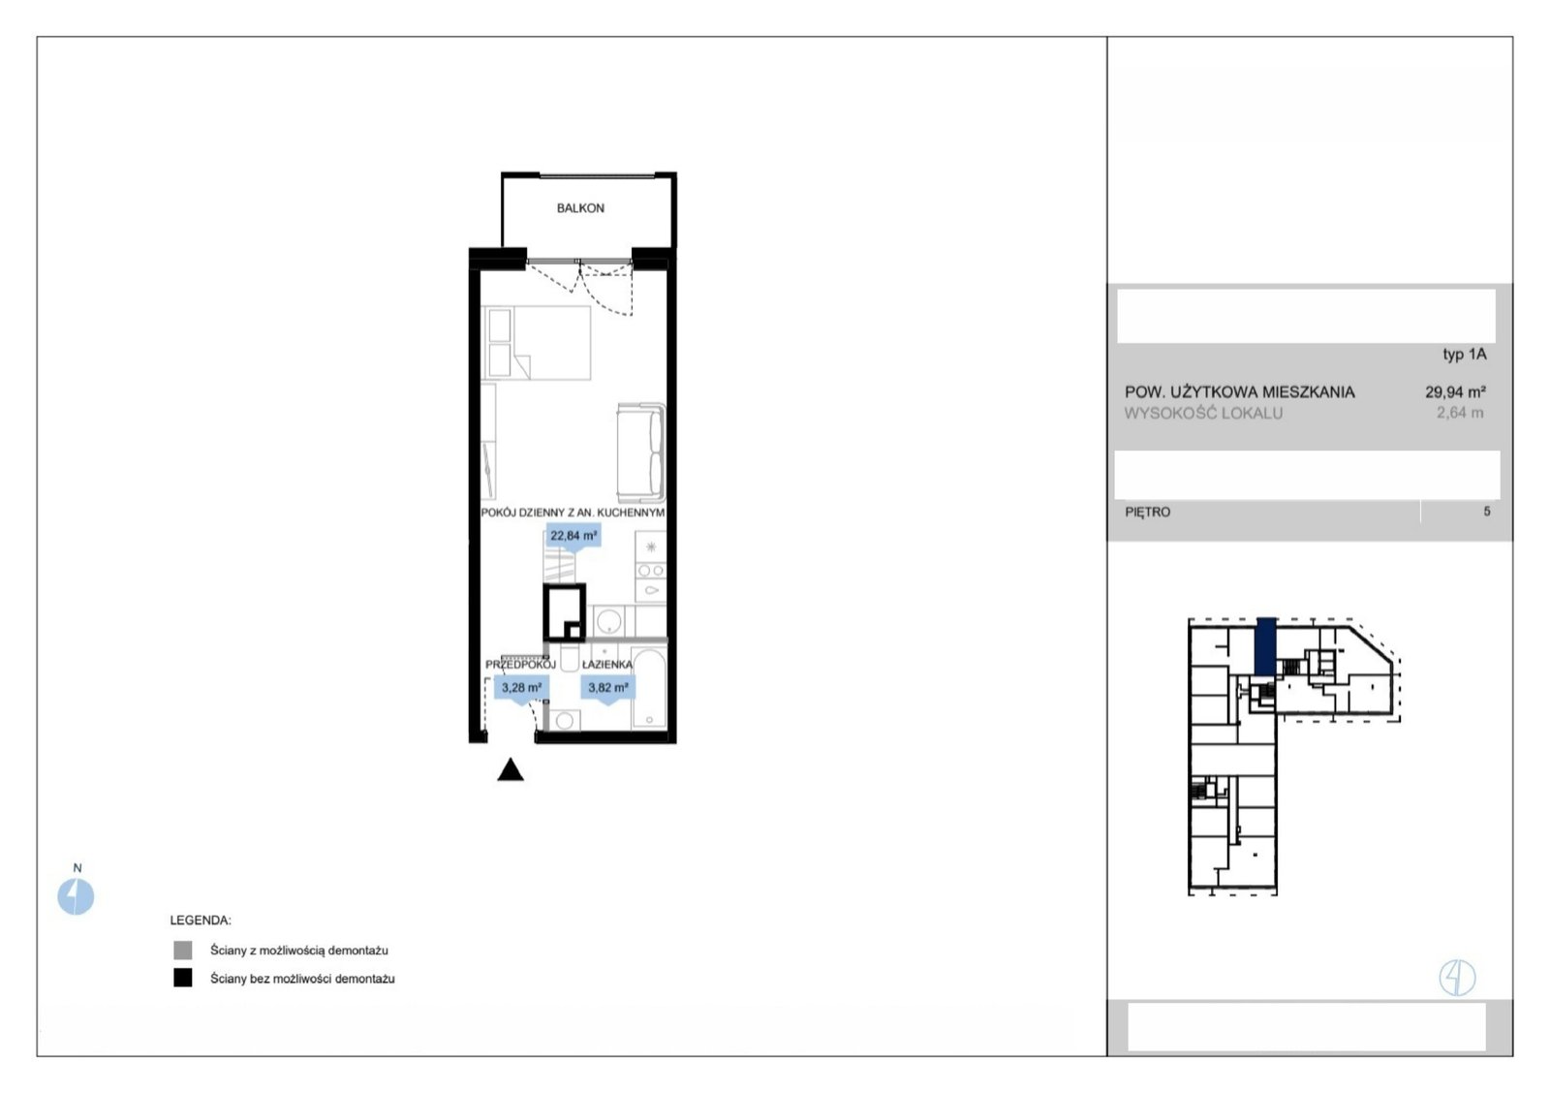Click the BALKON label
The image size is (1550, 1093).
click(580, 208)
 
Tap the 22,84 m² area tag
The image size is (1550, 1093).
click(573, 537)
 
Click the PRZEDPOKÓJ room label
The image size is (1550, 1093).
click(520, 666)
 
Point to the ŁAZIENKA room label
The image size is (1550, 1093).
click(606, 666)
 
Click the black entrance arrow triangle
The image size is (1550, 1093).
click(511, 769)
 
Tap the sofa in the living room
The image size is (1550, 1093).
click(641, 453)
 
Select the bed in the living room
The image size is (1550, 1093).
click(537, 343)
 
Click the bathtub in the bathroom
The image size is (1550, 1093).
click(649, 689)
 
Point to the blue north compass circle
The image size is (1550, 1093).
click(76, 896)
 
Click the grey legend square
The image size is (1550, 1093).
click(183, 951)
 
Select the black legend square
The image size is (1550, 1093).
click(183, 978)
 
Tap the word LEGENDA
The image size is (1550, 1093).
click(201, 921)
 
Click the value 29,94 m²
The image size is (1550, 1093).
click(1455, 392)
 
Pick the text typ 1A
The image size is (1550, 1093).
click(1465, 355)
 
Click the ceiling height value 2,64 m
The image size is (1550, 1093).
click(1460, 413)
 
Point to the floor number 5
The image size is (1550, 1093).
click(1487, 512)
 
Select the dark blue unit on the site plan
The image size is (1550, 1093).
click(1266, 646)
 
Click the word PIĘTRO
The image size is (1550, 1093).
click(1148, 513)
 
